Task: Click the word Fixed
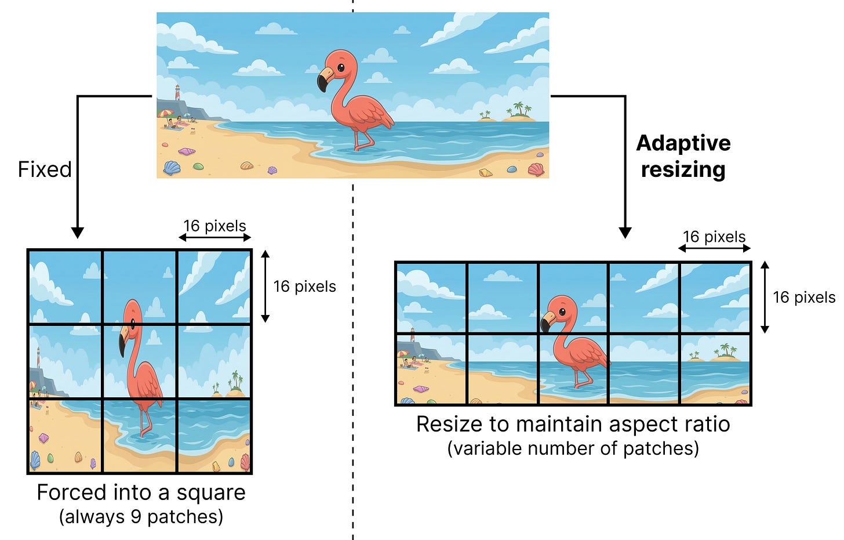[x=45, y=169]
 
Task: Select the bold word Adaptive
[x=683, y=143]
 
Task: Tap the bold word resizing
[x=683, y=170]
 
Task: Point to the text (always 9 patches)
[x=141, y=516]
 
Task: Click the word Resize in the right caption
[x=449, y=424]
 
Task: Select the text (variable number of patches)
[x=573, y=448]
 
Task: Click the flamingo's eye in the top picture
[x=340, y=67]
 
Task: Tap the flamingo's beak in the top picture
[x=323, y=80]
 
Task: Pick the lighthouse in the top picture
[x=178, y=92]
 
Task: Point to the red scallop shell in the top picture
[x=536, y=169]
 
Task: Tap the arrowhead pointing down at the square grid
[x=77, y=233]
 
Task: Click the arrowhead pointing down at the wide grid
[x=625, y=233]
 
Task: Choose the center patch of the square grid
[x=140, y=361]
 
